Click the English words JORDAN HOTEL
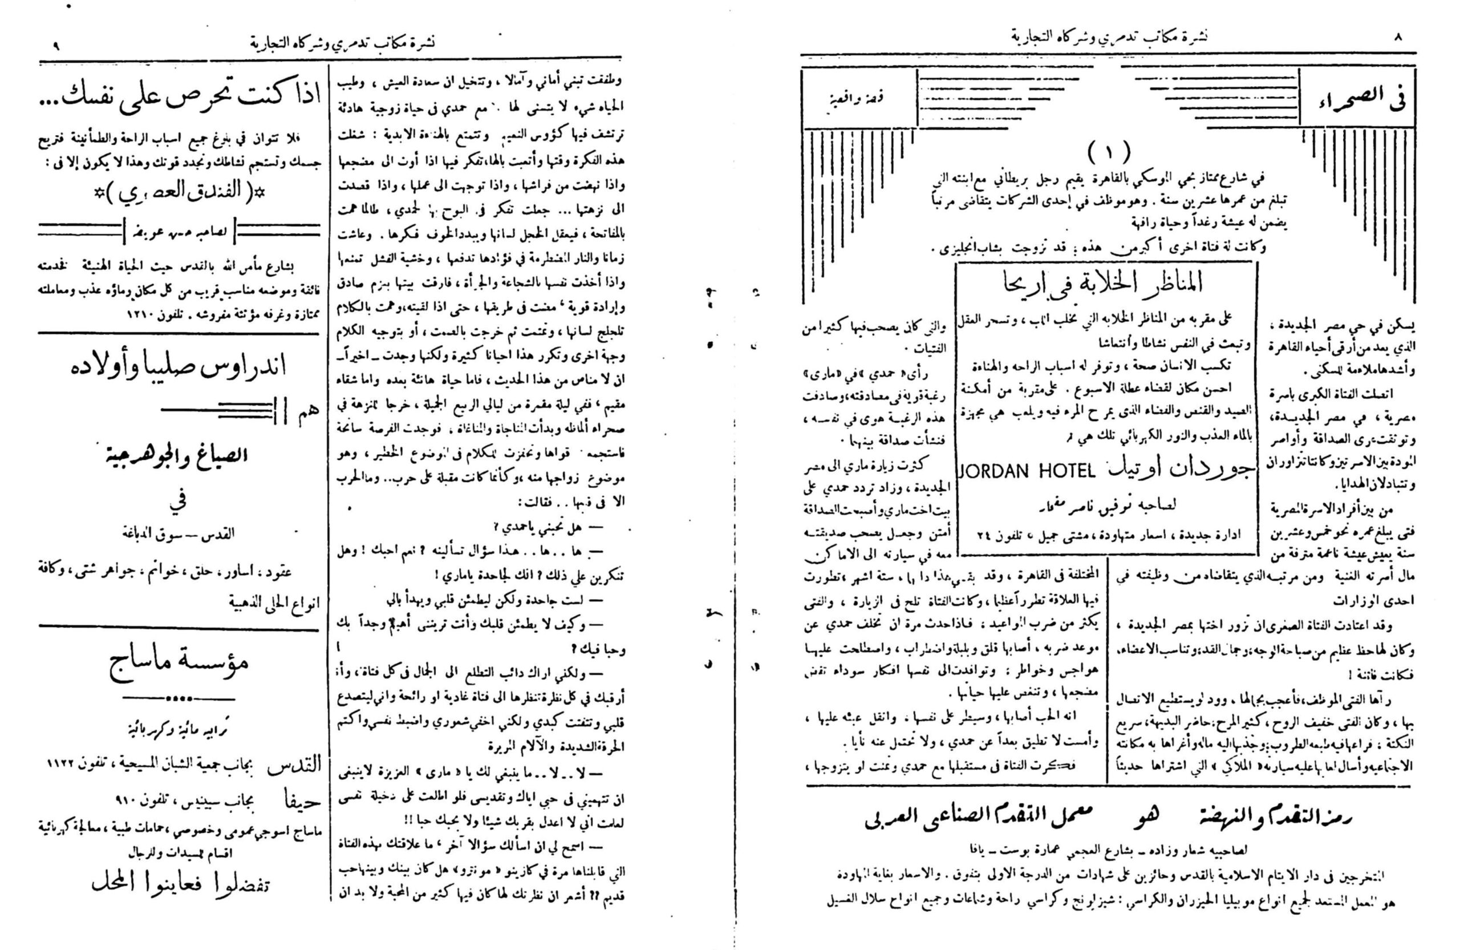click(1025, 471)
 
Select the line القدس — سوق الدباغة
click(178, 534)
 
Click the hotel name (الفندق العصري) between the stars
click(178, 195)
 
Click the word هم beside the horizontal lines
click(307, 413)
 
